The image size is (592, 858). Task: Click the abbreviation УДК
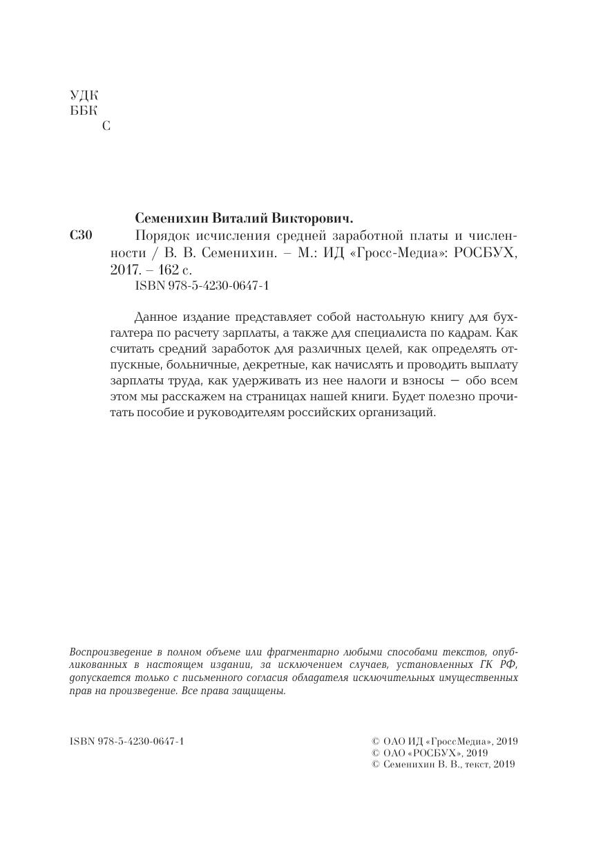pyautogui.click(x=84, y=95)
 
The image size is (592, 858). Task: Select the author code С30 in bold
pyautogui.click(x=81, y=236)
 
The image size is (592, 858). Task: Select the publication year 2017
pyautogui.click(x=125, y=269)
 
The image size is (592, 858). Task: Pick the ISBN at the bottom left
pyautogui.click(x=126, y=742)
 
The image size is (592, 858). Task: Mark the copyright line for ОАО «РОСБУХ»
pyautogui.click(x=430, y=753)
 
